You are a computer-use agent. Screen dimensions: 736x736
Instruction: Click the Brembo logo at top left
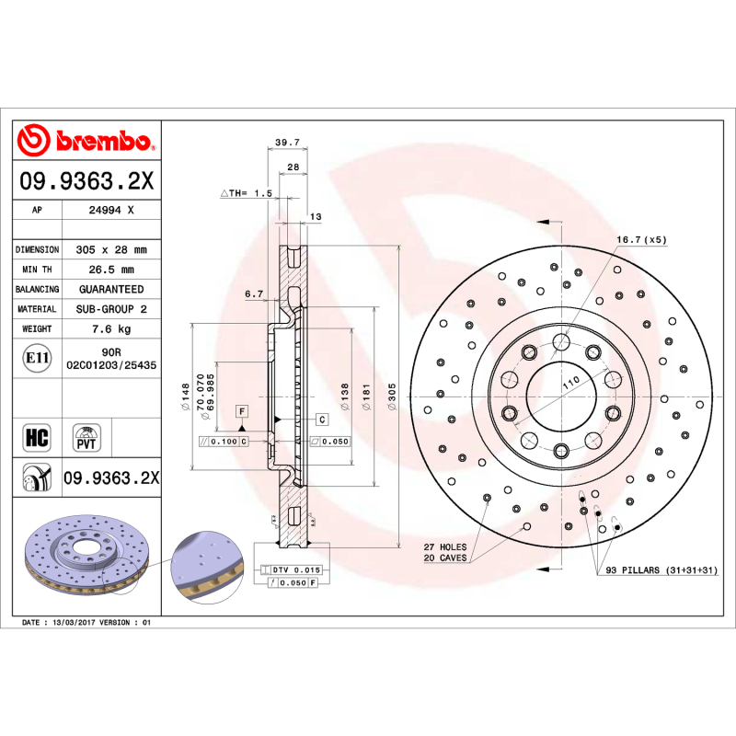(x=86, y=141)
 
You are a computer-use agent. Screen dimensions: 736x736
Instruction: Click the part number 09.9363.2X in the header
(x=86, y=181)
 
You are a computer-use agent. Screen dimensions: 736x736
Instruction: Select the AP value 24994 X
(x=109, y=210)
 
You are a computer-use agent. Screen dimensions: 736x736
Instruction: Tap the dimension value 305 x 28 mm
(x=109, y=249)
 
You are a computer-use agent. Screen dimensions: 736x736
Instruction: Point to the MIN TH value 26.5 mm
(x=109, y=270)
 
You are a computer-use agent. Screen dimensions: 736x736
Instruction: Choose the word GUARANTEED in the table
(x=109, y=289)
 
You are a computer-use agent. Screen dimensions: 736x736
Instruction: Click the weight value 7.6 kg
(x=109, y=328)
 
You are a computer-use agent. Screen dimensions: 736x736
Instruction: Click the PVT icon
(x=86, y=436)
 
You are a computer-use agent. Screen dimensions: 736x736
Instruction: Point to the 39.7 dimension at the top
(x=288, y=143)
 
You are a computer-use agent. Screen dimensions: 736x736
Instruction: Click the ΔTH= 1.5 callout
(x=247, y=193)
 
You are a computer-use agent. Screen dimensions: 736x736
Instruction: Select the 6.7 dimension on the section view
(x=255, y=294)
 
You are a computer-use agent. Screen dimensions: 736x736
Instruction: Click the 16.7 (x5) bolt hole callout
(x=640, y=239)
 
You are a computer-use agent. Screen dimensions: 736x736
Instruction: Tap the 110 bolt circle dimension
(x=570, y=380)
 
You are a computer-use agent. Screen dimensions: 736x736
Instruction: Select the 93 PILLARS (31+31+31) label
(x=661, y=571)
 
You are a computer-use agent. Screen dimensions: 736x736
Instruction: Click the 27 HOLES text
(x=444, y=547)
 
